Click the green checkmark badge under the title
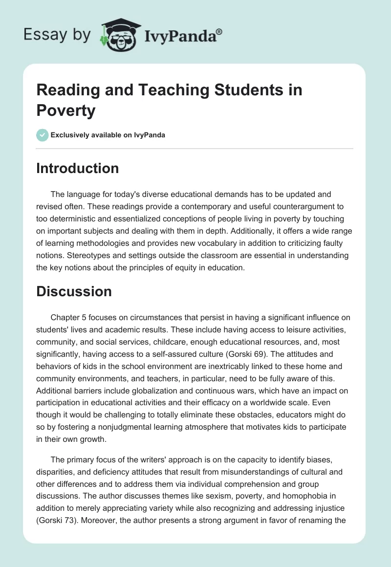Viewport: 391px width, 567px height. click(43, 135)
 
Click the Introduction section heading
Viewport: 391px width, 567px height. click(78, 168)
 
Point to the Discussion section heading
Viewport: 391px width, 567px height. click(74, 291)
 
